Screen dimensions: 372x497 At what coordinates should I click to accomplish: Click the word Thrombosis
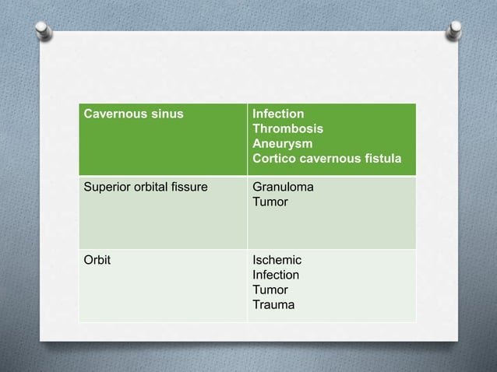click(287, 128)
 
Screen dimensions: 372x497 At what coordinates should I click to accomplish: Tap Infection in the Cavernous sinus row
click(278, 114)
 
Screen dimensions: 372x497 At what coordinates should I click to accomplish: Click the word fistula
click(381, 159)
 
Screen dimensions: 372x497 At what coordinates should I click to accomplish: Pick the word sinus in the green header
click(167, 114)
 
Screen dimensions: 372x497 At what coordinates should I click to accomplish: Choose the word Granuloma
click(283, 188)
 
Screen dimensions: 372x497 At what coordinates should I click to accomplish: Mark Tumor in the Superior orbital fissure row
click(270, 202)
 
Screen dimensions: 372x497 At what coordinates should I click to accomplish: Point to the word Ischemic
click(277, 260)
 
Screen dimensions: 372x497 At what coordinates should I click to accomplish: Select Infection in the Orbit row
click(276, 275)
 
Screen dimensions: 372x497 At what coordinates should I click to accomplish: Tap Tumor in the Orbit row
click(270, 290)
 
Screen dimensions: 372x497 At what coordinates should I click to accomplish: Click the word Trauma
click(273, 304)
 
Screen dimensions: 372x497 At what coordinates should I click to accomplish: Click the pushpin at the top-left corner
click(44, 30)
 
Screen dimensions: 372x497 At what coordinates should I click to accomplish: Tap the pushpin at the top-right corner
click(454, 30)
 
